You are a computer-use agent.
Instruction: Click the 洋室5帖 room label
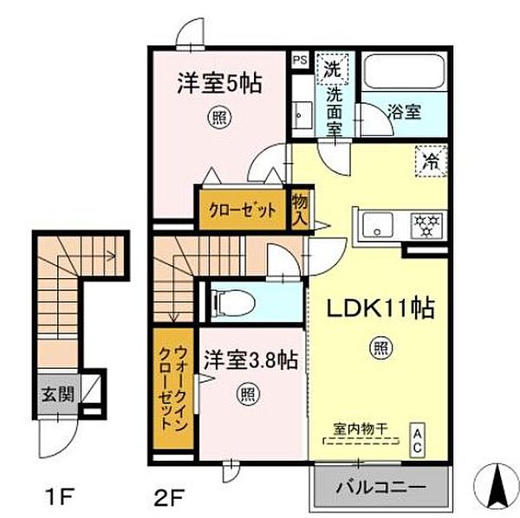pos(220,84)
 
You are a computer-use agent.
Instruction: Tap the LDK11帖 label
pos(379,309)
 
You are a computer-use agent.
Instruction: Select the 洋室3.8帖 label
pos(252,359)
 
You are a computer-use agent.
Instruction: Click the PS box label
pos(300,60)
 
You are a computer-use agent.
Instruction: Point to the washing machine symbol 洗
pos(332,65)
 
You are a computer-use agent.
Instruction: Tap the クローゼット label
pos(242,210)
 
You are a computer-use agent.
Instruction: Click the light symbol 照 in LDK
pos(380,348)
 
